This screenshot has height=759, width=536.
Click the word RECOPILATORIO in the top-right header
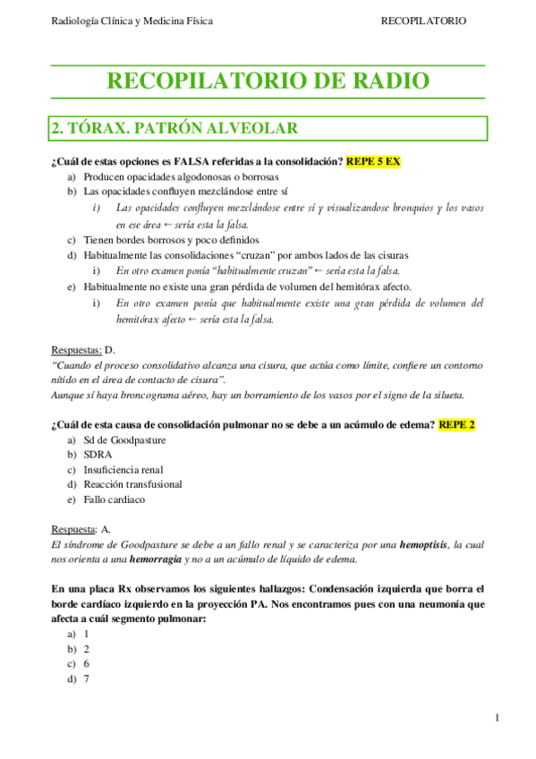coord(422,21)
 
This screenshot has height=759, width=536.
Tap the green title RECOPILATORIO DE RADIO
coord(268,81)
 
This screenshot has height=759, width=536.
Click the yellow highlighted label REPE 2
coord(456,424)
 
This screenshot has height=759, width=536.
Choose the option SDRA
coord(98,455)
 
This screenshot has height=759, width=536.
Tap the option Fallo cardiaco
coord(114,499)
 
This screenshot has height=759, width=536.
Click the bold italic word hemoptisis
coord(425,544)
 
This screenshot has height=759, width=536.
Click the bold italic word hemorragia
coord(148,559)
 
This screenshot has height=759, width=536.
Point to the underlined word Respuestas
coord(75,350)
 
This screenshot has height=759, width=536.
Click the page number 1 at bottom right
coord(496,718)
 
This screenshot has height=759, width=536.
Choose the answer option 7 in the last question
coord(87,678)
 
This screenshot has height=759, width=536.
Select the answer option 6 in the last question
coord(87,663)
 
